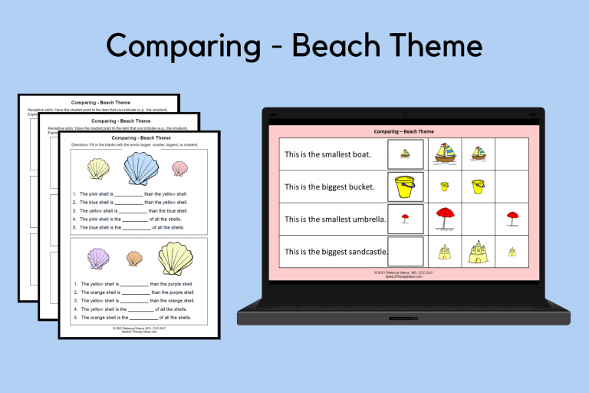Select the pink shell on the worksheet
coord(179,168)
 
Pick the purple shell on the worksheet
coord(98,259)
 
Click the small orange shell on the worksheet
coord(134,259)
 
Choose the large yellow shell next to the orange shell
coord(175,258)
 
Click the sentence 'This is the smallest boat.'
coord(328,154)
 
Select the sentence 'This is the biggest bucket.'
coord(330,187)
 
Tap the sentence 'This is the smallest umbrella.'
coord(334,219)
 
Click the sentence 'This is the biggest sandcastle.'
coord(336,251)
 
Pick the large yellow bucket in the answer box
coord(404,187)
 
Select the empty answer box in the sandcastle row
coord(405,251)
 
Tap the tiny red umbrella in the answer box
coord(405,219)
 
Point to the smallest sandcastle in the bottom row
coord(512,252)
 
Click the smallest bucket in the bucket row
coord(444,187)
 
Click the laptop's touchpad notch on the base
coord(403,318)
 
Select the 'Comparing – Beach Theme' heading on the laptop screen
coord(403,132)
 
